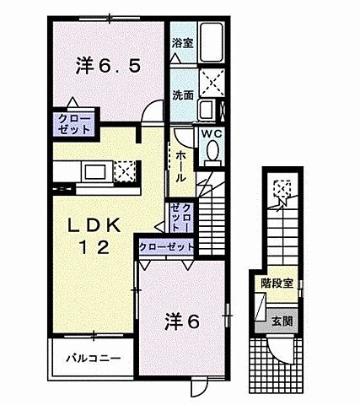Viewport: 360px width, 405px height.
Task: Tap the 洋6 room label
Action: [x=181, y=321]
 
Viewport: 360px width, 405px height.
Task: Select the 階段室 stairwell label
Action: [x=277, y=283]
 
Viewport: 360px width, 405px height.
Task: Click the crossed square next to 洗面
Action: [x=210, y=87]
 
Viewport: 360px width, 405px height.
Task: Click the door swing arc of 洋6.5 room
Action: [x=153, y=111]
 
